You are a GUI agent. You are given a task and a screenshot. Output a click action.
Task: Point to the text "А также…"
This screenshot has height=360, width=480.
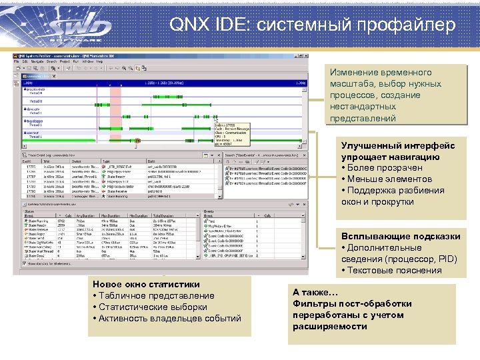[x=316, y=292]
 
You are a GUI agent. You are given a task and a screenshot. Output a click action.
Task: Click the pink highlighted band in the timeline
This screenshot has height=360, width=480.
[x=115, y=113]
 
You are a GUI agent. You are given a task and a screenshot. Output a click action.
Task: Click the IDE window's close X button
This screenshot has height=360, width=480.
[x=306, y=55]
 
